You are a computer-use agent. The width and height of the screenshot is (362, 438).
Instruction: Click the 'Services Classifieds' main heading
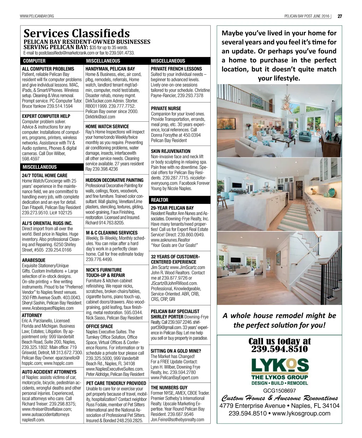pos(76,34)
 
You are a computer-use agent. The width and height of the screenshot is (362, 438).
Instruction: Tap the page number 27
pos(340,16)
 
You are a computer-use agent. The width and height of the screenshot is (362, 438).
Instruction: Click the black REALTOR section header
pos(159,200)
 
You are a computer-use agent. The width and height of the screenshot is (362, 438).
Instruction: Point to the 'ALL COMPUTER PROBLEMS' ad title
pos(48,69)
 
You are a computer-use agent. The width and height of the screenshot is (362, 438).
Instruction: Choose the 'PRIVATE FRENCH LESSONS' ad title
pos(176,69)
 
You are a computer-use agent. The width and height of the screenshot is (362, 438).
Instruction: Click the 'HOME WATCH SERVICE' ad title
pos(107,126)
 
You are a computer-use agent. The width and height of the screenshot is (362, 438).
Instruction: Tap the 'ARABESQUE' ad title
pos(34,260)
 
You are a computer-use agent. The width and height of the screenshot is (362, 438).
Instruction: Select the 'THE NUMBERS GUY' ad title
pos(169,387)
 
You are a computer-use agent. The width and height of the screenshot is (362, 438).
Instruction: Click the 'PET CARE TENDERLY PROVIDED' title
pos(116,383)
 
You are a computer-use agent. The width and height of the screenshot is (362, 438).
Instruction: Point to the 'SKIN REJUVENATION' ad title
pos(170,151)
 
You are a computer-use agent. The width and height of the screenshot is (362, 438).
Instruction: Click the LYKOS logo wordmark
pos(280,365)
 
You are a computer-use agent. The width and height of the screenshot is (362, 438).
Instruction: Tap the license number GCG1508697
pos(279,391)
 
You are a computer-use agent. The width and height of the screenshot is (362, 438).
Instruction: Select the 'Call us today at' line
pos(280,341)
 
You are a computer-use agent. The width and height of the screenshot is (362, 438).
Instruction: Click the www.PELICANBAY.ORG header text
pos(37,16)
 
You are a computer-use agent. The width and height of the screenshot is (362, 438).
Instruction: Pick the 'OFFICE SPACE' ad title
pos(99,326)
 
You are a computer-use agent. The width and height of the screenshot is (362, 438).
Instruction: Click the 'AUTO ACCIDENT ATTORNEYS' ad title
pos(49,372)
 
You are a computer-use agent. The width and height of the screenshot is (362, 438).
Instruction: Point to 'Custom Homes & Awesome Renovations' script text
pos(279,398)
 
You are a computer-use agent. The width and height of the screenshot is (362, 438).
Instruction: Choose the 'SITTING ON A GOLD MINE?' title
pos(176,351)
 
